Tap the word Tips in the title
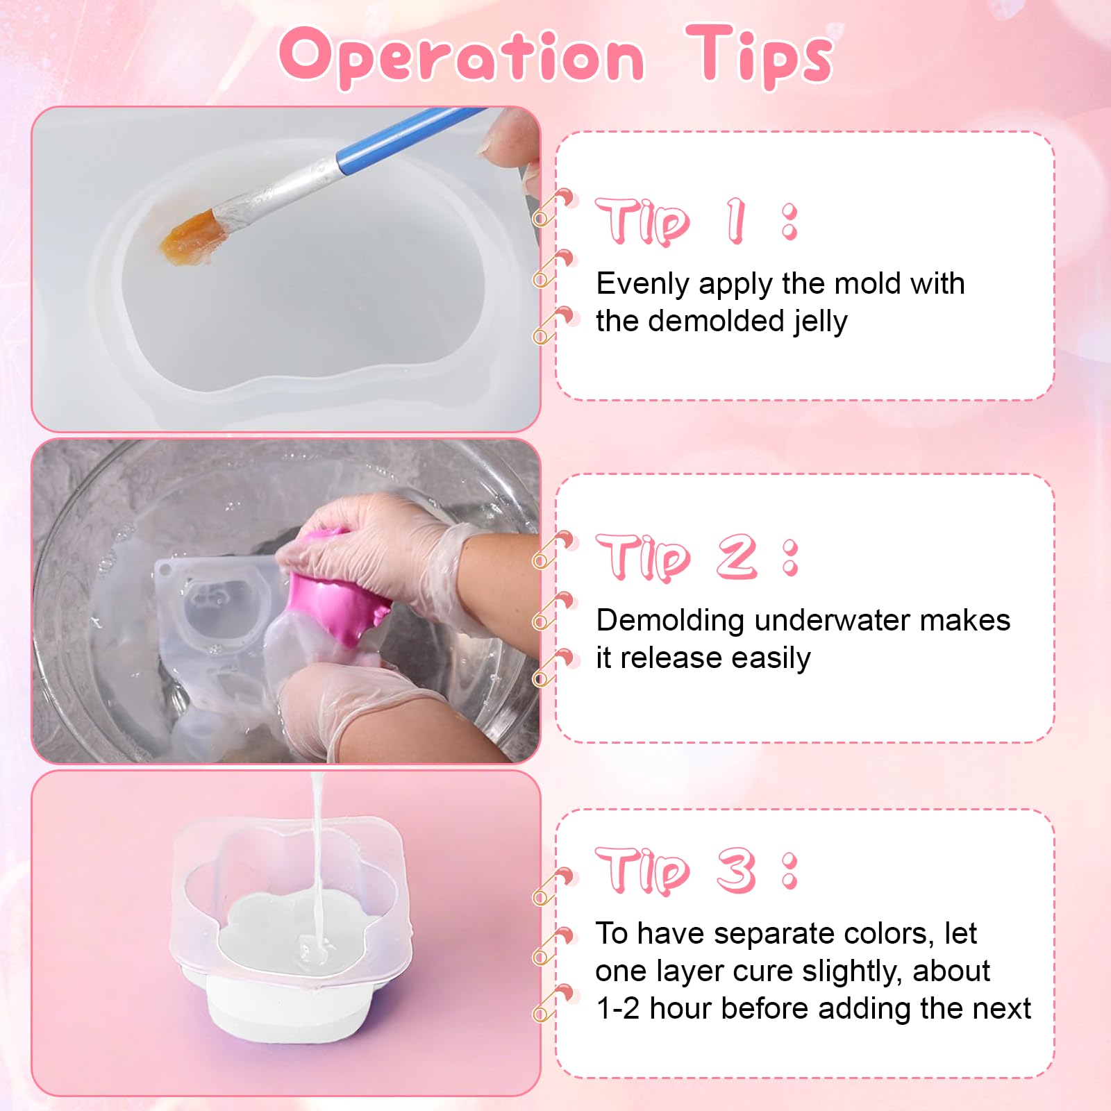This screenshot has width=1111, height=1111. click(x=759, y=55)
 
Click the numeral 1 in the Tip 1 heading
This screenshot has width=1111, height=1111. click(x=735, y=221)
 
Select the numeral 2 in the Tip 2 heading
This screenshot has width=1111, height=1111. click(x=737, y=556)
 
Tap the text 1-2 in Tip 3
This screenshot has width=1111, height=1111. click(x=618, y=1009)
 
